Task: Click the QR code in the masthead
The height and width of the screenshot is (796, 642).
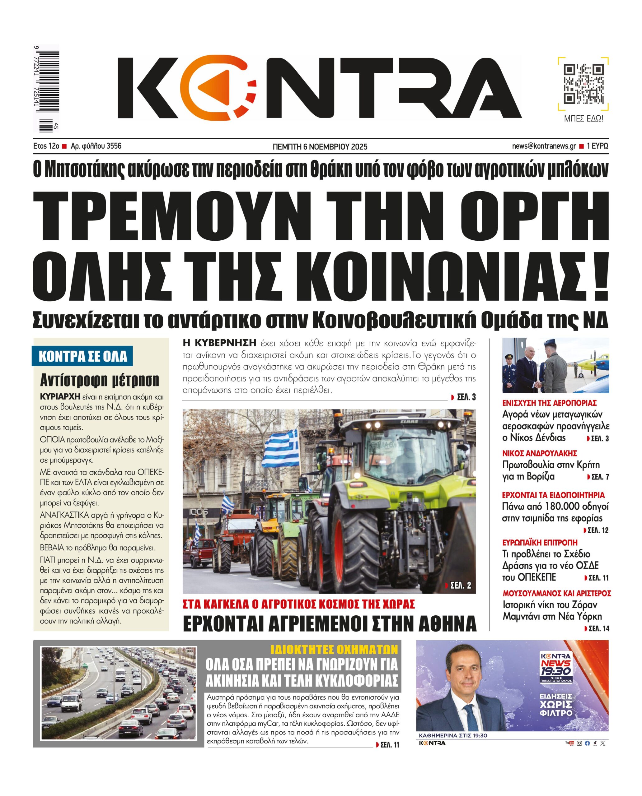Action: (583, 84)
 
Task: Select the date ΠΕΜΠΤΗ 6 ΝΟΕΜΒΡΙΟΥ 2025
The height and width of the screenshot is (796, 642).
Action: (320, 147)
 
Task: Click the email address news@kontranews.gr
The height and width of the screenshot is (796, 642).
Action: (544, 146)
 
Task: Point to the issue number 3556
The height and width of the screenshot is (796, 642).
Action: (114, 146)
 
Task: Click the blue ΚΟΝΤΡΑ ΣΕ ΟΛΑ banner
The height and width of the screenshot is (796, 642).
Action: (82, 356)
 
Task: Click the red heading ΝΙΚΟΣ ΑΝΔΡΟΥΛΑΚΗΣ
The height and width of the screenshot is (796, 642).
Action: (540, 453)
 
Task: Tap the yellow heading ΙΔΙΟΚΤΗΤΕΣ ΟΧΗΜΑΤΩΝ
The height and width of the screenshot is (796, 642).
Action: (334, 649)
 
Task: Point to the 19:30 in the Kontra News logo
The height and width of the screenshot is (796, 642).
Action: (555, 671)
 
